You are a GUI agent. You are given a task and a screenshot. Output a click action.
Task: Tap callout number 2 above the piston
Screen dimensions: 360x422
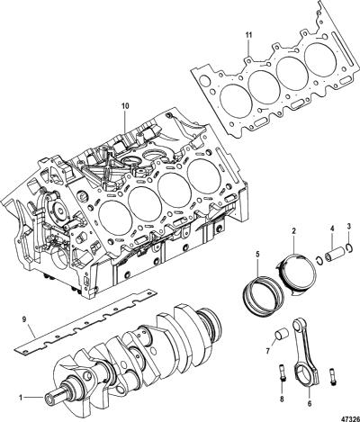point(293,231)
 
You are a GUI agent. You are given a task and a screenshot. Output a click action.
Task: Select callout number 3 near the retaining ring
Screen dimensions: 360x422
point(348,226)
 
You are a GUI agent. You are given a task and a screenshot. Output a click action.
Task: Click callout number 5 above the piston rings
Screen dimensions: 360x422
point(257,255)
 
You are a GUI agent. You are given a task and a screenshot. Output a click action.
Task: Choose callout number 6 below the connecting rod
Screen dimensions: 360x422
point(310,404)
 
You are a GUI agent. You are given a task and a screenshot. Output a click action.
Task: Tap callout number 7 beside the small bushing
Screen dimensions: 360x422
point(267,350)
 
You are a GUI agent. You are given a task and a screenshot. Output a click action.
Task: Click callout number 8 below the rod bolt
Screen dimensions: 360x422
point(282,399)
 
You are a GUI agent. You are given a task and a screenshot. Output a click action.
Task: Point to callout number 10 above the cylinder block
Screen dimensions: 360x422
point(125,106)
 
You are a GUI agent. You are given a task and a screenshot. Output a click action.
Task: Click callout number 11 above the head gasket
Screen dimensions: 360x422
point(248,35)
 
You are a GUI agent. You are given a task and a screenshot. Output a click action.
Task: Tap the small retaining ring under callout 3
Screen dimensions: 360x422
point(348,248)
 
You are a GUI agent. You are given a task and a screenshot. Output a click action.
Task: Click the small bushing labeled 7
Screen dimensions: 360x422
point(282,336)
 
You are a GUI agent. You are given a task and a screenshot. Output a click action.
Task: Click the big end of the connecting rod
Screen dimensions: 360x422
point(307,372)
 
